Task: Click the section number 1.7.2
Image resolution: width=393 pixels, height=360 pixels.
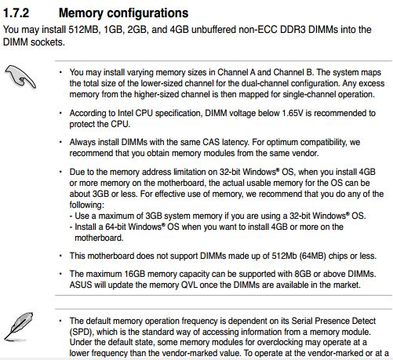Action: (x=16, y=13)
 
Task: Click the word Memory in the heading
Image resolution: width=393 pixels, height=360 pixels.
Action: (x=81, y=13)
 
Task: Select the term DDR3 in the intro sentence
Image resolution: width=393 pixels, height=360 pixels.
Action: (x=293, y=29)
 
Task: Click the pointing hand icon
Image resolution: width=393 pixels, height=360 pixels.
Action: (x=20, y=76)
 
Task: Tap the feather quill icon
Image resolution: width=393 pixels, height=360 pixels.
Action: (x=19, y=327)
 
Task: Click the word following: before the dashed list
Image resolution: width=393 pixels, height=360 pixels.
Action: (x=86, y=205)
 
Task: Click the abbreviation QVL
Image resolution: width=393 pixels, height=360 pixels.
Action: (x=190, y=285)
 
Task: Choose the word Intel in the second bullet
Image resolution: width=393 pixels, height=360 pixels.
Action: (x=126, y=113)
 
